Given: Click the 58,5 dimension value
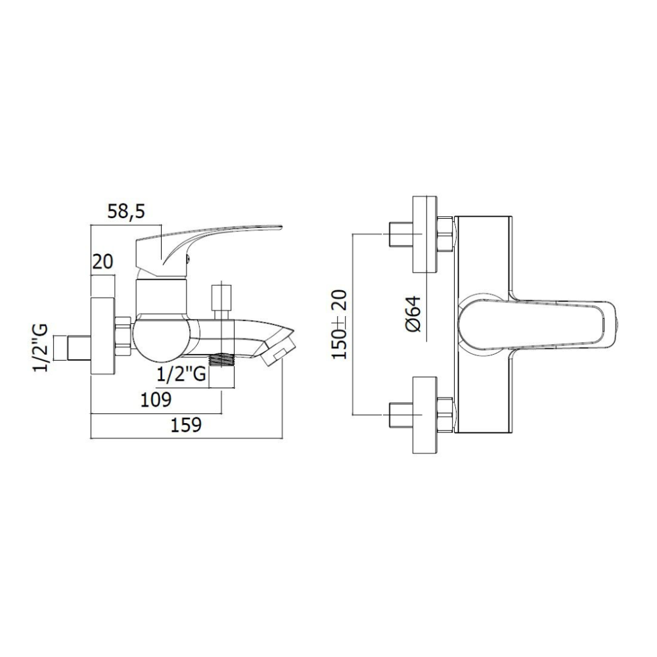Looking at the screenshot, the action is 125,212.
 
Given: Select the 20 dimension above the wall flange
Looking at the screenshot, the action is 102,262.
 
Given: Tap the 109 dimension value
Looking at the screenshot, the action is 156,399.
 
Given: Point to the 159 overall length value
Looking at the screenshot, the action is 186,425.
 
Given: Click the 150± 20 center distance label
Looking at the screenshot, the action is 340,324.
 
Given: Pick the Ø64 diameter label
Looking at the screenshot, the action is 413,314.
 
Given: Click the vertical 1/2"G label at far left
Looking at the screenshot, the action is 42,348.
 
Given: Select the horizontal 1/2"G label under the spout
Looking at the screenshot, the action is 181,374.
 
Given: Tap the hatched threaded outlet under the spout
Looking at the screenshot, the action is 221,359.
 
